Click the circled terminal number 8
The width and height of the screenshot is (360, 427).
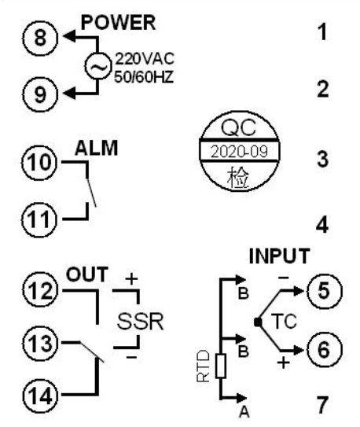40,38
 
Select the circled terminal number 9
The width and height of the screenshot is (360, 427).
40,94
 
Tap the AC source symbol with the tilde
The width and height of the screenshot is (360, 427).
98,66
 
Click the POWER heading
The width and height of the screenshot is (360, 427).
118,23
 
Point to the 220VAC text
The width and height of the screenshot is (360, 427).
145,59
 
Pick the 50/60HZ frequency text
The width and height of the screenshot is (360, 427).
144,77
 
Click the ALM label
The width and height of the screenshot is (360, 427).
97,148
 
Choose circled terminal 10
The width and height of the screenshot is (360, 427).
40,163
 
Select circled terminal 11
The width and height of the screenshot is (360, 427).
40,219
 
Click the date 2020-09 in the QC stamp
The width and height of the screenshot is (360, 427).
239,152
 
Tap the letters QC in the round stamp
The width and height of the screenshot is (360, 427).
239,127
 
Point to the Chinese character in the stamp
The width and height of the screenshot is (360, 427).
238,177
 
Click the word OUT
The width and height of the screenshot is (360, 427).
87,274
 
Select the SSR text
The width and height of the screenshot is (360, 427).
141,322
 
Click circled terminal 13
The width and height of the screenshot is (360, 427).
41,343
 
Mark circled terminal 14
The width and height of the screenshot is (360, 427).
41,395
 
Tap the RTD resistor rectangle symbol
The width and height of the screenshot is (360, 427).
221,366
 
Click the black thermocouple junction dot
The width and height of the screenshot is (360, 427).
258,322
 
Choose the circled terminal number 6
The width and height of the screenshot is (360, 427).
324,350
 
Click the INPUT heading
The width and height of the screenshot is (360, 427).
280,256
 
